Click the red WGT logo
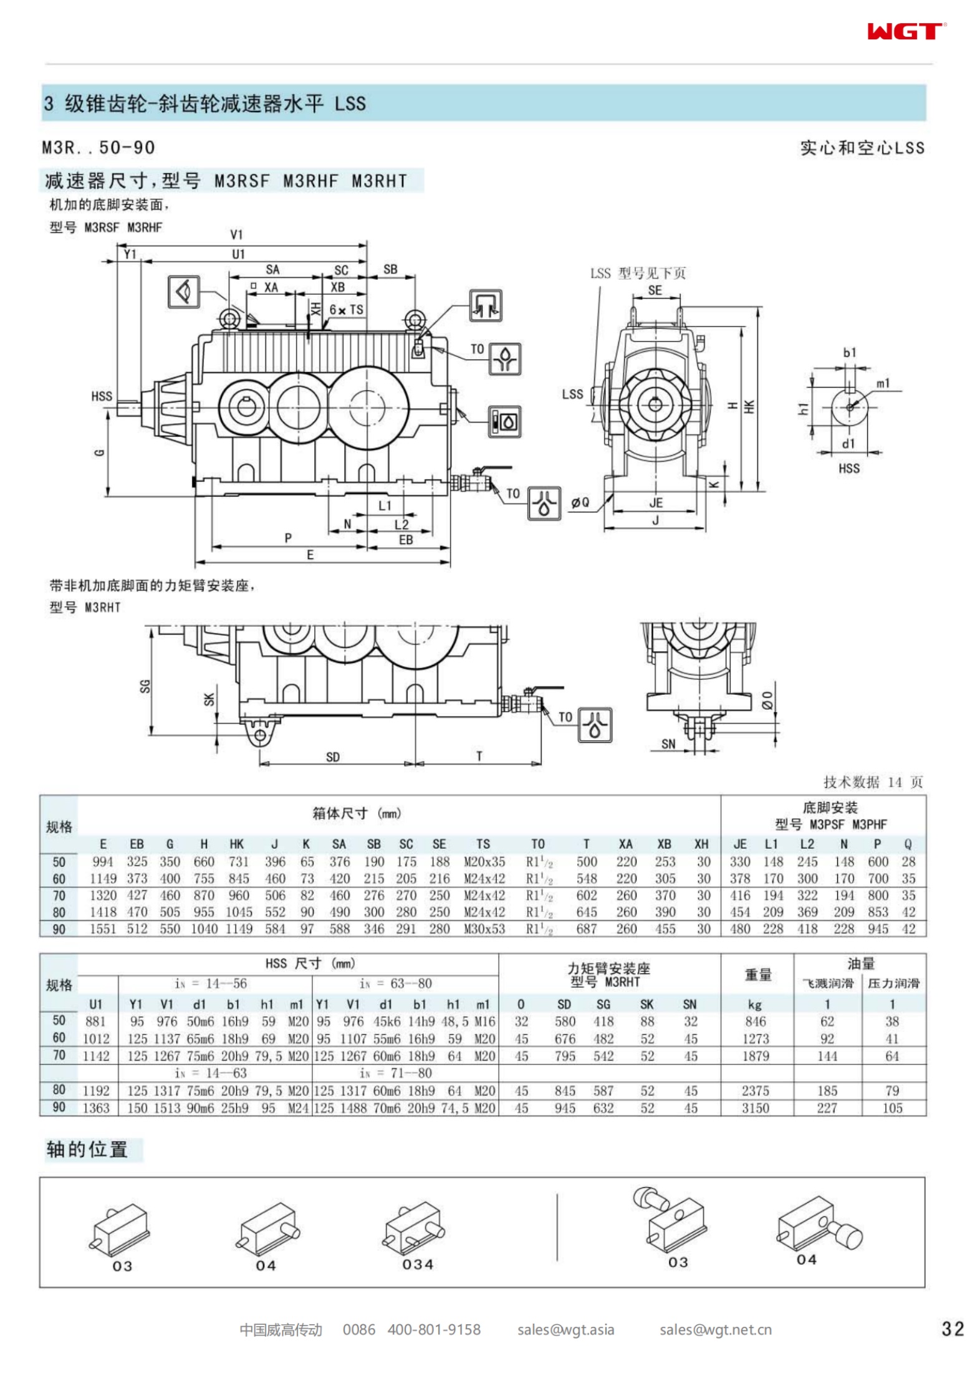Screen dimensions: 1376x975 pyautogui.click(x=905, y=32)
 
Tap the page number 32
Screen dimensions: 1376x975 pyautogui.click(x=953, y=1329)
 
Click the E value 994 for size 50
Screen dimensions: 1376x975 pyautogui.click(x=103, y=862)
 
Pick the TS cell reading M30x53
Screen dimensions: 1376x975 pyautogui.click(x=484, y=929)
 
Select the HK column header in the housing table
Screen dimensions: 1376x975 pyautogui.click(x=237, y=844)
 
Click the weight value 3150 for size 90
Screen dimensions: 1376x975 pyautogui.click(x=755, y=1109)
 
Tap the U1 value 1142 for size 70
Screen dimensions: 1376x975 pyautogui.click(x=96, y=1056)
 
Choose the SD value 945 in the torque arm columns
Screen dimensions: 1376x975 pyautogui.click(x=565, y=1109)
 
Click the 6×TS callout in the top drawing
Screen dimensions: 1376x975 pyautogui.click(x=346, y=310)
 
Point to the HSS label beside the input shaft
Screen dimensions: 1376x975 pyautogui.click(x=102, y=396)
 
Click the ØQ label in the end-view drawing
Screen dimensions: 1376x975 pyautogui.click(x=580, y=502)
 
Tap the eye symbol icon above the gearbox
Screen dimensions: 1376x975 pyautogui.click(x=184, y=292)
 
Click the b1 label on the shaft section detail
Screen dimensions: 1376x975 pyautogui.click(x=850, y=353)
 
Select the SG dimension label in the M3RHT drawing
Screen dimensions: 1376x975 pyautogui.click(x=145, y=686)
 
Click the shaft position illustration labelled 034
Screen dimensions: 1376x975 pyautogui.click(x=415, y=1233)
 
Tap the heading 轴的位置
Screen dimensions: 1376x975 pyautogui.click(x=87, y=1150)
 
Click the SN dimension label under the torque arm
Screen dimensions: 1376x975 pyautogui.click(x=668, y=744)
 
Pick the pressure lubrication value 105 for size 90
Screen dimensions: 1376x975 pyautogui.click(x=892, y=1109)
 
